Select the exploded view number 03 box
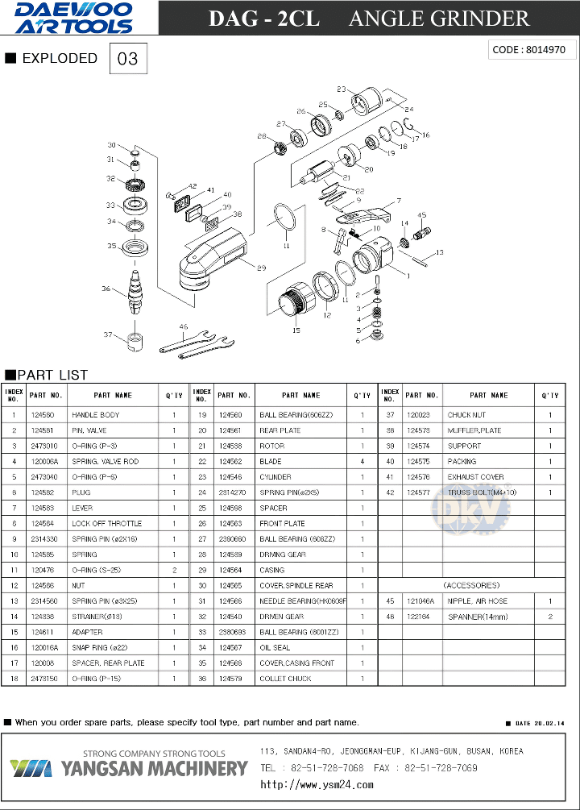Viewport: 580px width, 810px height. point(128,59)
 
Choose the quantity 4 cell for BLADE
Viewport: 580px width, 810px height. point(362,462)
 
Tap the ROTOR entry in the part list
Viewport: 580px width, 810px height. point(271,446)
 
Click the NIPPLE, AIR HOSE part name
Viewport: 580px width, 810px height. point(478,601)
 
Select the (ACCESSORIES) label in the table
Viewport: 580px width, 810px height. point(470,585)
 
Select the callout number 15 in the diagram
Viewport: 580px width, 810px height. point(296,330)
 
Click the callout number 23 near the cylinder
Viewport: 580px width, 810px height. point(342,89)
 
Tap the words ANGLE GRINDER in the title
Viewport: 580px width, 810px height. point(439,19)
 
